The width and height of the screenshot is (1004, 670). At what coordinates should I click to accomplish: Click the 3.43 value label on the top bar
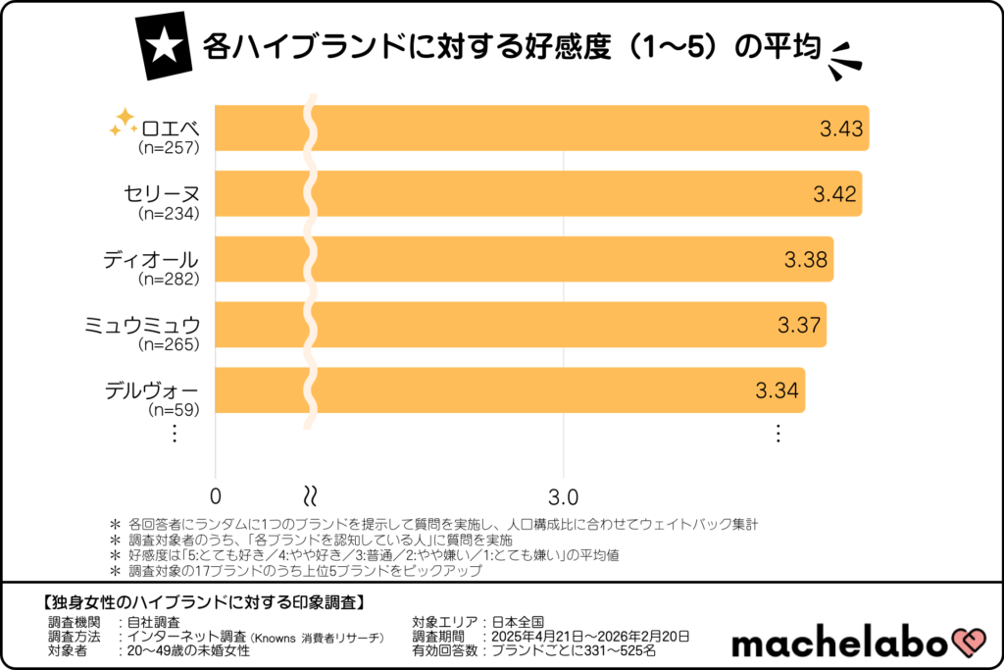[841, 129]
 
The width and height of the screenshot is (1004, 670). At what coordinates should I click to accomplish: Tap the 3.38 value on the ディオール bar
[806, 260]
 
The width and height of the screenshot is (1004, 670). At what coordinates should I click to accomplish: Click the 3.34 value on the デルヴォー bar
[778, 390]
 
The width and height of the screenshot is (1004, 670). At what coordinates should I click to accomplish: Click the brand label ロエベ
[170, 129]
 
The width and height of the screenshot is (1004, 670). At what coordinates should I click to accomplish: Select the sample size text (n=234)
[169, 213]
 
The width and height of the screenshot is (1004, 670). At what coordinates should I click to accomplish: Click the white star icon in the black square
[161, 46]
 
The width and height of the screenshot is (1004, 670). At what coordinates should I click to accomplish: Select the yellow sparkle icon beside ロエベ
[124, 123]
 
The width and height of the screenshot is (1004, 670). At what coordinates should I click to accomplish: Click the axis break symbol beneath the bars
[311, 492]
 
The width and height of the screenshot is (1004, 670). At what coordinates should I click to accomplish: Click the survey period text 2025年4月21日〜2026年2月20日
[592, 636]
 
